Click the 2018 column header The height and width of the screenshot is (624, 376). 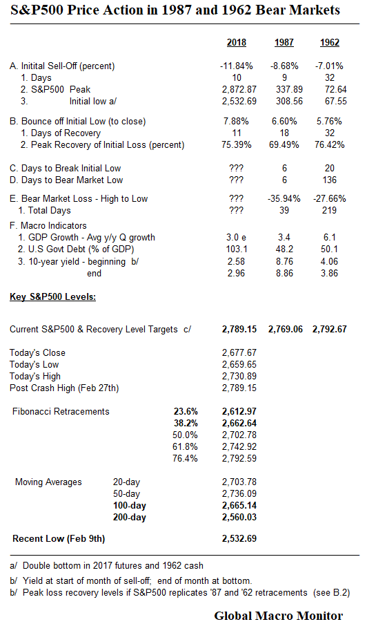click(237, 43)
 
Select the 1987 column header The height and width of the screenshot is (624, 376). click(284, 43)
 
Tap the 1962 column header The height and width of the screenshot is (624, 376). click(329, 43)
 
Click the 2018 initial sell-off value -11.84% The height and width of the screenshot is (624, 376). click(237, 66)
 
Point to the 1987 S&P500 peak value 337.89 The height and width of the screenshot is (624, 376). click(284, 90)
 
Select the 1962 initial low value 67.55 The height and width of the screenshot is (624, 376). click(329, 101)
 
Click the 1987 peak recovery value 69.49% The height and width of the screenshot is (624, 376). click(284, 145)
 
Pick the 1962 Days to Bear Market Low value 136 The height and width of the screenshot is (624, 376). click(329, 180)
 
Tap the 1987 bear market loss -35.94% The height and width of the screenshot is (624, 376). click(284, 199)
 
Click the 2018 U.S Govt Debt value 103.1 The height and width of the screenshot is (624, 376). click(237, 249)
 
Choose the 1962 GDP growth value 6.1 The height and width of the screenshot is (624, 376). click(329, 238)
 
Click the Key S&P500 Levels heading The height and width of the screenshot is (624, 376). click(52, 298)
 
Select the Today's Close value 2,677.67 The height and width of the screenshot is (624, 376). click(239, 352)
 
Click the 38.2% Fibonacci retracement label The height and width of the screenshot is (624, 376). click(183, 423)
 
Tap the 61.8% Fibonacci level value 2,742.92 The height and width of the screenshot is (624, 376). click(239, 446)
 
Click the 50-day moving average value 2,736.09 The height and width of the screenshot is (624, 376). click(239, 493)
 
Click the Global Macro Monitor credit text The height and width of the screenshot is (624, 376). click(278, 615)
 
